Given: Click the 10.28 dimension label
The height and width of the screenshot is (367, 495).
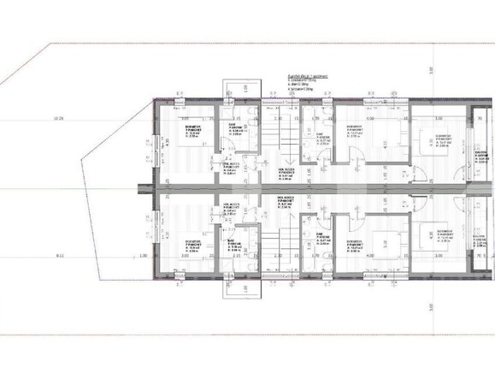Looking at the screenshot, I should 58,118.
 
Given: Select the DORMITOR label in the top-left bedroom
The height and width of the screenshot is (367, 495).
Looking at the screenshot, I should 192,127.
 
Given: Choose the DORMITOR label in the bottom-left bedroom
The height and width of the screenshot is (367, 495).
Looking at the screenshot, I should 192,241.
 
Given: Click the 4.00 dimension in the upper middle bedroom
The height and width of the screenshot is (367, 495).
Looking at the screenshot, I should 369,119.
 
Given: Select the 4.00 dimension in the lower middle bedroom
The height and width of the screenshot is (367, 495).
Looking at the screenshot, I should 369,255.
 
